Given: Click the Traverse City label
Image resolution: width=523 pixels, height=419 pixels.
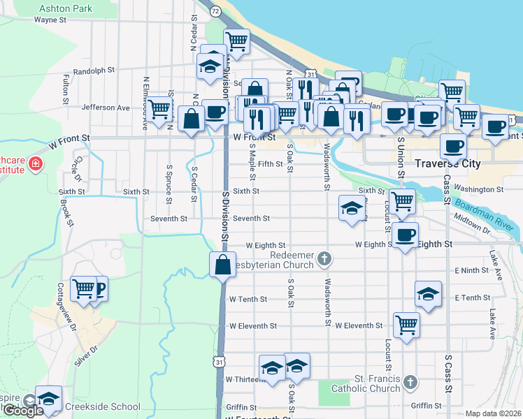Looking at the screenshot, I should pyautogui.click(x=447, y=163).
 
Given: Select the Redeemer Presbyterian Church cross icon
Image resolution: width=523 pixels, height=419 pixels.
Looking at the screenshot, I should pyautogui.click(x=324, y=259).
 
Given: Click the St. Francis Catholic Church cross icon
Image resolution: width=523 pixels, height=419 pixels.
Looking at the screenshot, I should pyautogui.click(x=411, y=383).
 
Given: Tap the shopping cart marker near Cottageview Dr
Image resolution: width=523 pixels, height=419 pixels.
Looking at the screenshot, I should pyautogui.click(x=83, y=288).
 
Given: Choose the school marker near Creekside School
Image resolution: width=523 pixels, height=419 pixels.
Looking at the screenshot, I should pyautogui.click(x=48, y=399).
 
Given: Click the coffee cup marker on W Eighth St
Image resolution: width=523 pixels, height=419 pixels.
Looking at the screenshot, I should pyautogui.click(x=405, y=236).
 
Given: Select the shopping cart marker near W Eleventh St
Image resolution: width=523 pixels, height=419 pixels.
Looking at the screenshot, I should pyautogui.click(x=406, y=324).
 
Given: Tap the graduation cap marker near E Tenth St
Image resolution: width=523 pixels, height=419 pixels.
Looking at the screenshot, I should pyautogui.click(x=428, y=295).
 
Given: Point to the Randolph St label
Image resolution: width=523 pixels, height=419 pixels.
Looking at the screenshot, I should pyautogui.click(x=93, y=71).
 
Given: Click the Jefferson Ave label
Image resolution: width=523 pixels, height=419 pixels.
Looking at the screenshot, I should pyautogui.click(x=106, y=108).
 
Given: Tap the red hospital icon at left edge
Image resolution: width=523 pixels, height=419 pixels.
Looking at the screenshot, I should pyautogui.click(x=34, y=164).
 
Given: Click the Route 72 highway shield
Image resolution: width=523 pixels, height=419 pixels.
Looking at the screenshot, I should pyautogui.click(x=215, y=11).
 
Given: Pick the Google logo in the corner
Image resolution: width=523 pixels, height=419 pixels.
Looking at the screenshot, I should pyautogui.click(x=23, y=411).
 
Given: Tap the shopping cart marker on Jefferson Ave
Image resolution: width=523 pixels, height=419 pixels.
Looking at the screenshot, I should pyautogui.click(x=159, y=109).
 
